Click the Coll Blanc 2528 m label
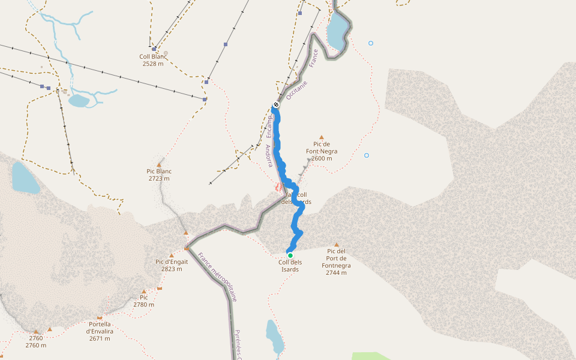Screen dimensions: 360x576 [152, 60]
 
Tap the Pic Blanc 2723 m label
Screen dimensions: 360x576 [159, 175]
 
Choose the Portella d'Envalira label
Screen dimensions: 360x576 [100, 331]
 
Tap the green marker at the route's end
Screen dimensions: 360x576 [290, 255]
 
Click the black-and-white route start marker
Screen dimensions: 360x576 [276, 105]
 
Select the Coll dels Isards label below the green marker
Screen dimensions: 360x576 [290, 266]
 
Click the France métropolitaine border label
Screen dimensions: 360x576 [217, 277]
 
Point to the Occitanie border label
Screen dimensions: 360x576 [296, 90]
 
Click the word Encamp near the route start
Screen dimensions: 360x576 [270, 127]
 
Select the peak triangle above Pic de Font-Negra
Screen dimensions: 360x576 [322, 137]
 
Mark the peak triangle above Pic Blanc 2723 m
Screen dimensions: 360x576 [159, 164]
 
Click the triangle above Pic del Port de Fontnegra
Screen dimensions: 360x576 [337, 245]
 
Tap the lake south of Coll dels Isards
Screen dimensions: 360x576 [274, 337]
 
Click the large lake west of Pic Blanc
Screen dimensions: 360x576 [25, 178]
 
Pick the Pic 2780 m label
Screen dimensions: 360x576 [143, 301]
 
